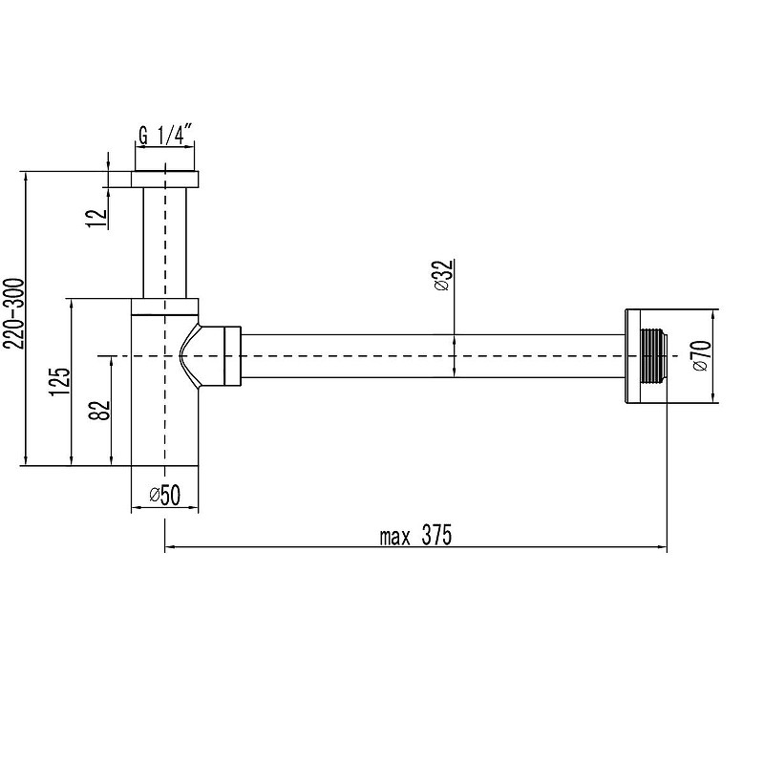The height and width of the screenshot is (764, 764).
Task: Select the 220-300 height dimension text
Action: click(x=12, y=316)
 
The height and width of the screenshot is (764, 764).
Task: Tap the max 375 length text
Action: click(x=414, y=536)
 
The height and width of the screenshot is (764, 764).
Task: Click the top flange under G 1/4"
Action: click(x=164, y=180)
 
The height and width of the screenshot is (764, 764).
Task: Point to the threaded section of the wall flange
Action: click(x=653, y=355)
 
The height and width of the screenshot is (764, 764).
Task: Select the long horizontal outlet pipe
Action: click(x=430, y=356)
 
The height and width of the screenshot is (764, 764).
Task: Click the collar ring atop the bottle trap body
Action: click(x=164, y=306)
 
